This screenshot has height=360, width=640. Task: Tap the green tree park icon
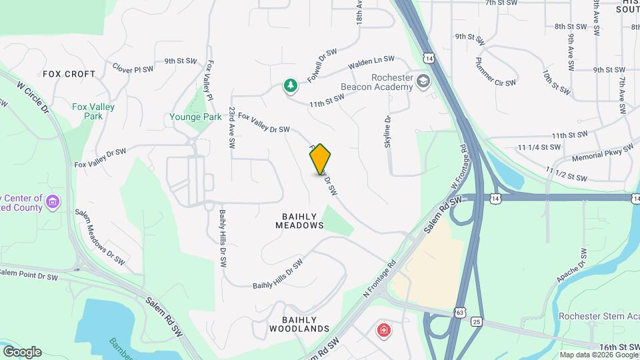[290, 85]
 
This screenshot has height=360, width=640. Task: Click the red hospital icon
[383, 330]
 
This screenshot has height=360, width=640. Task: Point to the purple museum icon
[54, 200]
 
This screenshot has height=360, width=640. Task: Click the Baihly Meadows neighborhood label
[299, 221]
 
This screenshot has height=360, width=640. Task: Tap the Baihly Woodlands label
[299, 324]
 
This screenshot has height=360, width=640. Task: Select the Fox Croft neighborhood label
[69, 74]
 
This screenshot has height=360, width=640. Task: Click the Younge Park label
[195, 117]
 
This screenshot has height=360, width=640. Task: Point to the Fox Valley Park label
[93, 111]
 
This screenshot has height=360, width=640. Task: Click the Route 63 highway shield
[460, 311]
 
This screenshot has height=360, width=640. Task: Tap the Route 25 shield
[476, 322]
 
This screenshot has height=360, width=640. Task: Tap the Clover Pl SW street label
[133, 69]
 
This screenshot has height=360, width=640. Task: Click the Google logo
[22, 351]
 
